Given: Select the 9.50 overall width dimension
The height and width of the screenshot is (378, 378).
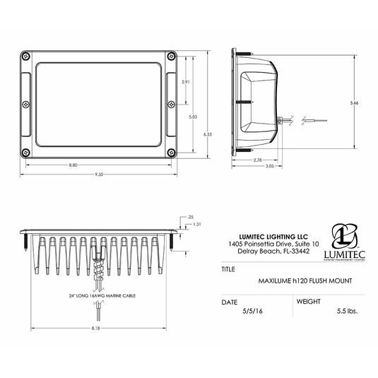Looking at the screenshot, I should point(99,174).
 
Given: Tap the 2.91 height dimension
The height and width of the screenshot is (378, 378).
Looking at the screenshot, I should point(186,83).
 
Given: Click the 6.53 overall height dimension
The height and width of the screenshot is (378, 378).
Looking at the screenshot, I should point(207,134).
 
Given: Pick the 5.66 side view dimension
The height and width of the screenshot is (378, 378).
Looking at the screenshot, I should point(354,103).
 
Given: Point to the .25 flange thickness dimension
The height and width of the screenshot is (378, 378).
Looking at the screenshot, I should point(189,216).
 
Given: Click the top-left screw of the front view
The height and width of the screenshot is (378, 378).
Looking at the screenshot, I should point(25,56).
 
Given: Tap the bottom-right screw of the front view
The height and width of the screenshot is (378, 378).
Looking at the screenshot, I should point(170,151).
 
